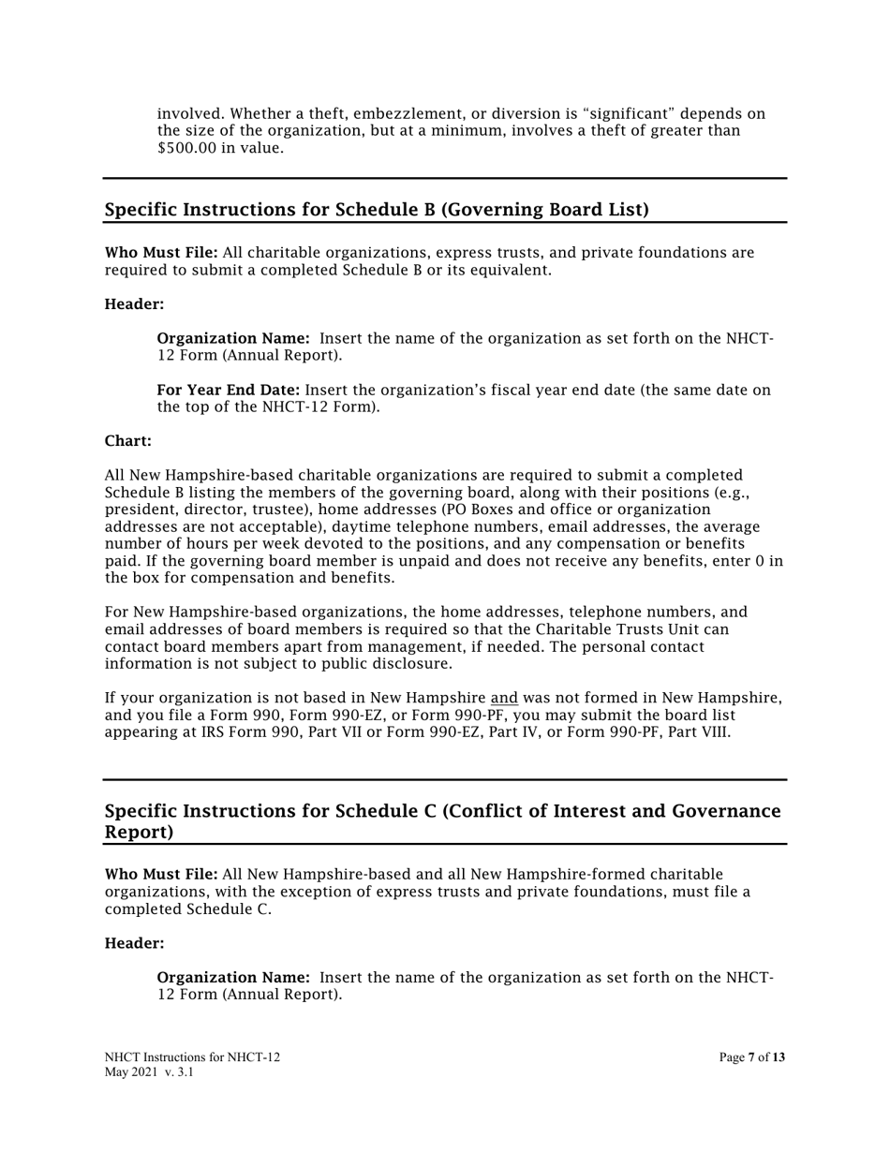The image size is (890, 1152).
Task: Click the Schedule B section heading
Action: [376, 210]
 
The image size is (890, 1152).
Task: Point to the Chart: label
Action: [127, 441]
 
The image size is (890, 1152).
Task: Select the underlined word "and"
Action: [504, 699]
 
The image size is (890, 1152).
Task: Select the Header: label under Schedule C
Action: [134, 944]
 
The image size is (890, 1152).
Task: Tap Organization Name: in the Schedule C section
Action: [233, 978]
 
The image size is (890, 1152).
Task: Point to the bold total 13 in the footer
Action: [779, 1057]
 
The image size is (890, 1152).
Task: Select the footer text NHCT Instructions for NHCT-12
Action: [192, 1057]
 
